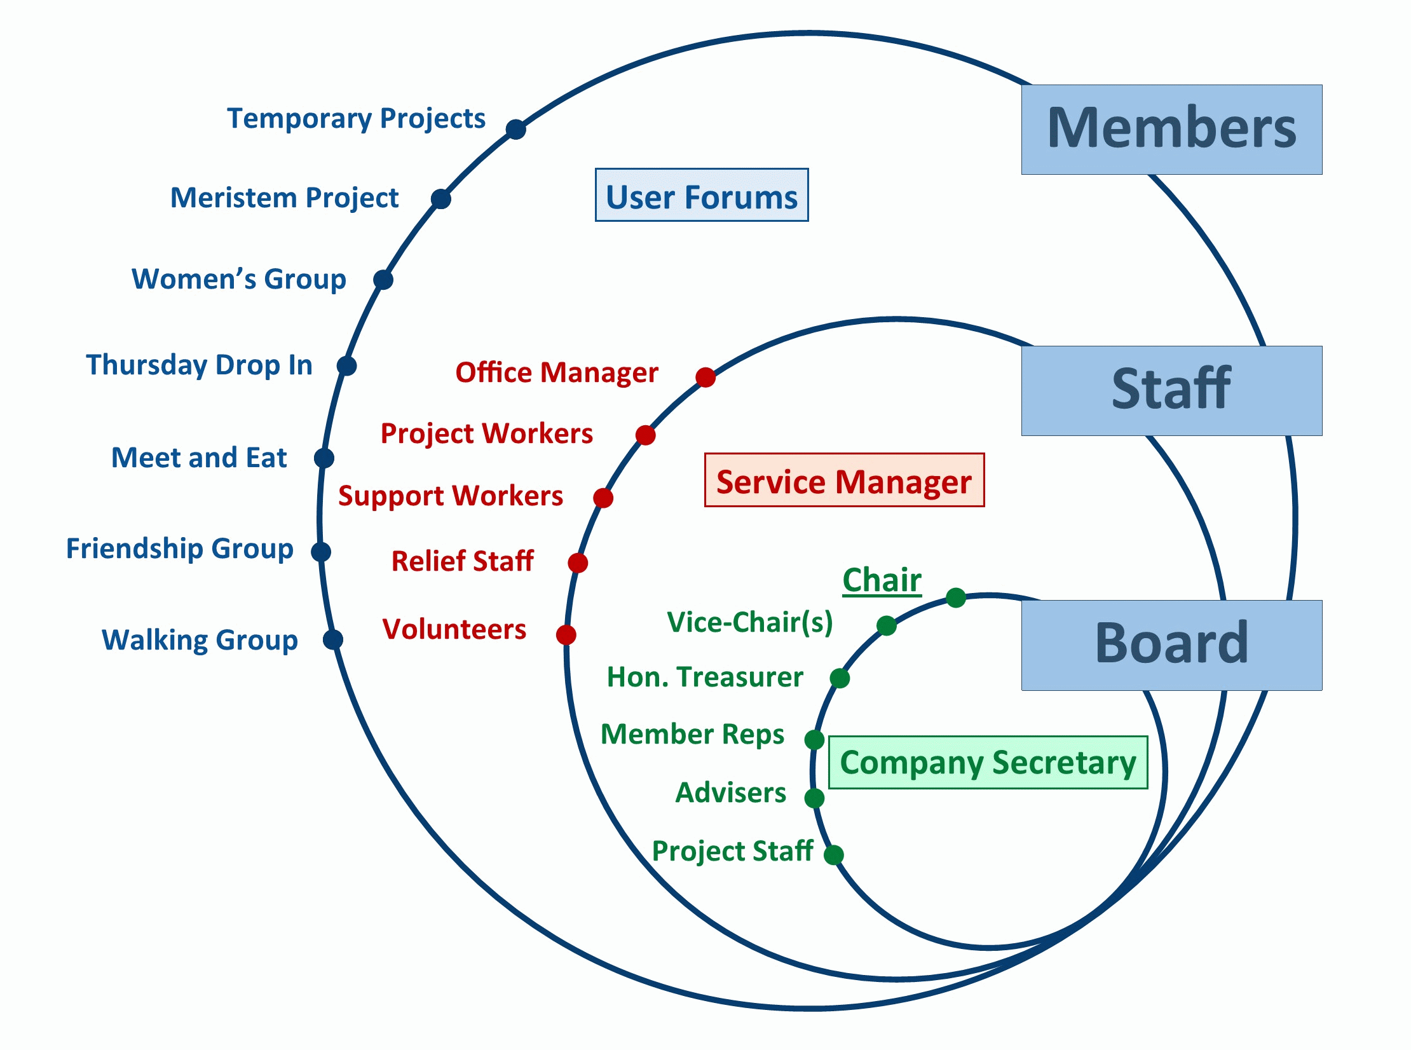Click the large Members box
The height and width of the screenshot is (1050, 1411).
tap(1171, 130)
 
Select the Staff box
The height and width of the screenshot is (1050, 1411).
tap(1171, 391)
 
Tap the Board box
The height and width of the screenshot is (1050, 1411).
tap(1171, 645)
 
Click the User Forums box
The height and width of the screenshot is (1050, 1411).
tap(702, 195)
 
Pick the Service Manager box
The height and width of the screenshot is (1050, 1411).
tap(844, 480)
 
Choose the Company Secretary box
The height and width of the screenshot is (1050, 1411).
tap(988, 762)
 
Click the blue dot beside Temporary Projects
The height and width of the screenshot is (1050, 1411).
tap(516, 129)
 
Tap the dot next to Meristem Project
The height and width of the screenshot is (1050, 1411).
tap(440, 199)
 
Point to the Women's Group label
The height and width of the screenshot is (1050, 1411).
tap(239, 279)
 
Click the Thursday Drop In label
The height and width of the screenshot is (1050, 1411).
tap(200, 365)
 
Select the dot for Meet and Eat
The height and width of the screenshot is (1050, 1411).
tap(324, 458)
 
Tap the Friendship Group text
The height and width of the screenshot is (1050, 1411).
tap(180, 549)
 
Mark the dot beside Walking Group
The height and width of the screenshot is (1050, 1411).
tap(333, 639)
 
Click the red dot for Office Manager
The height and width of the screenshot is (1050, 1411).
tap(705, 377)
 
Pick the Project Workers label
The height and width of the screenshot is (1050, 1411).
tap(487, 433)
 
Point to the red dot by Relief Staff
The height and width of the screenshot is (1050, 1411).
tap(578, 562)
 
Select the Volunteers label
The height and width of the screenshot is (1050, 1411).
tap(454, 629)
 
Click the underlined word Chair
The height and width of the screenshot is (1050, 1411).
tap(882, 580)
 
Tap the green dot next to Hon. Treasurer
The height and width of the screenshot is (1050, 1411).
tap(840, 678)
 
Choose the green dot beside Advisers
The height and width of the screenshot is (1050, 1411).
tap(814, 798)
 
